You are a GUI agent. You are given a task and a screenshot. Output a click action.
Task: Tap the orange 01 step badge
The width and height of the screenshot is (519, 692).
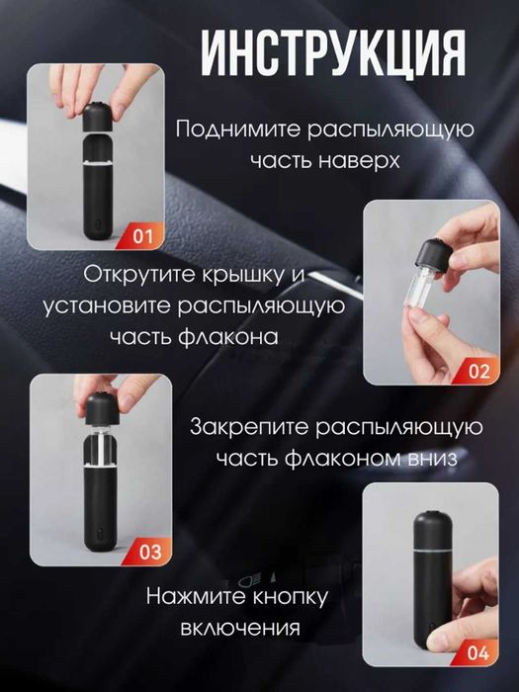click(144, 236)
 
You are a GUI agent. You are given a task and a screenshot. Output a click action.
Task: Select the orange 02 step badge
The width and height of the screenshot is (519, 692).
click(478, 372)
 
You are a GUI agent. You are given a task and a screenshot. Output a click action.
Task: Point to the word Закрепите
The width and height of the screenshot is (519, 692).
click(250, 428)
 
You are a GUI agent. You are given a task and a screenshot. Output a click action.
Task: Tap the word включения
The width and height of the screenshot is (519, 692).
click(240, 628)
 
